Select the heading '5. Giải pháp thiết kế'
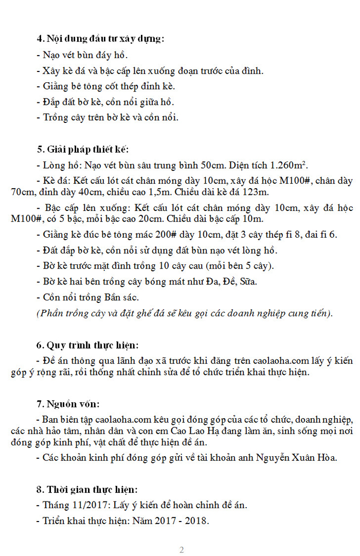(x=82, y=150)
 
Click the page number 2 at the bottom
(x=182, y=550)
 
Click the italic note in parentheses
(x=185, y=313)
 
